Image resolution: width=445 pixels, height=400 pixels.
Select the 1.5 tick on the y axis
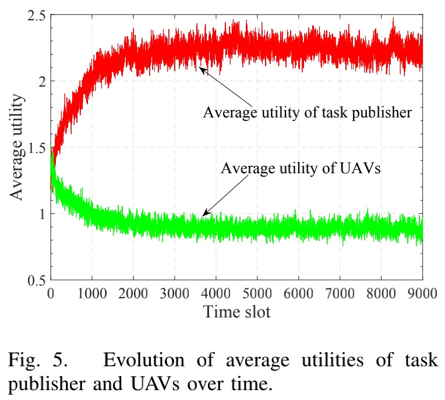tap(37, 148)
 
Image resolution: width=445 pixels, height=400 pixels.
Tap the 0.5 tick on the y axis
tap(37, 280)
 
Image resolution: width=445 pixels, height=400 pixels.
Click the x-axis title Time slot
tap(236, 312)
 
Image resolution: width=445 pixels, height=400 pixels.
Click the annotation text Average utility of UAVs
tap(301, 169)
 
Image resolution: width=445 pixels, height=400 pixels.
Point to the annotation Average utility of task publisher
tap(308, 112)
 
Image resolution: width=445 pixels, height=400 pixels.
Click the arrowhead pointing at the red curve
tap(201, 69)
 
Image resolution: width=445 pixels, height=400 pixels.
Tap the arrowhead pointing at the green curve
tap(203, 215)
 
